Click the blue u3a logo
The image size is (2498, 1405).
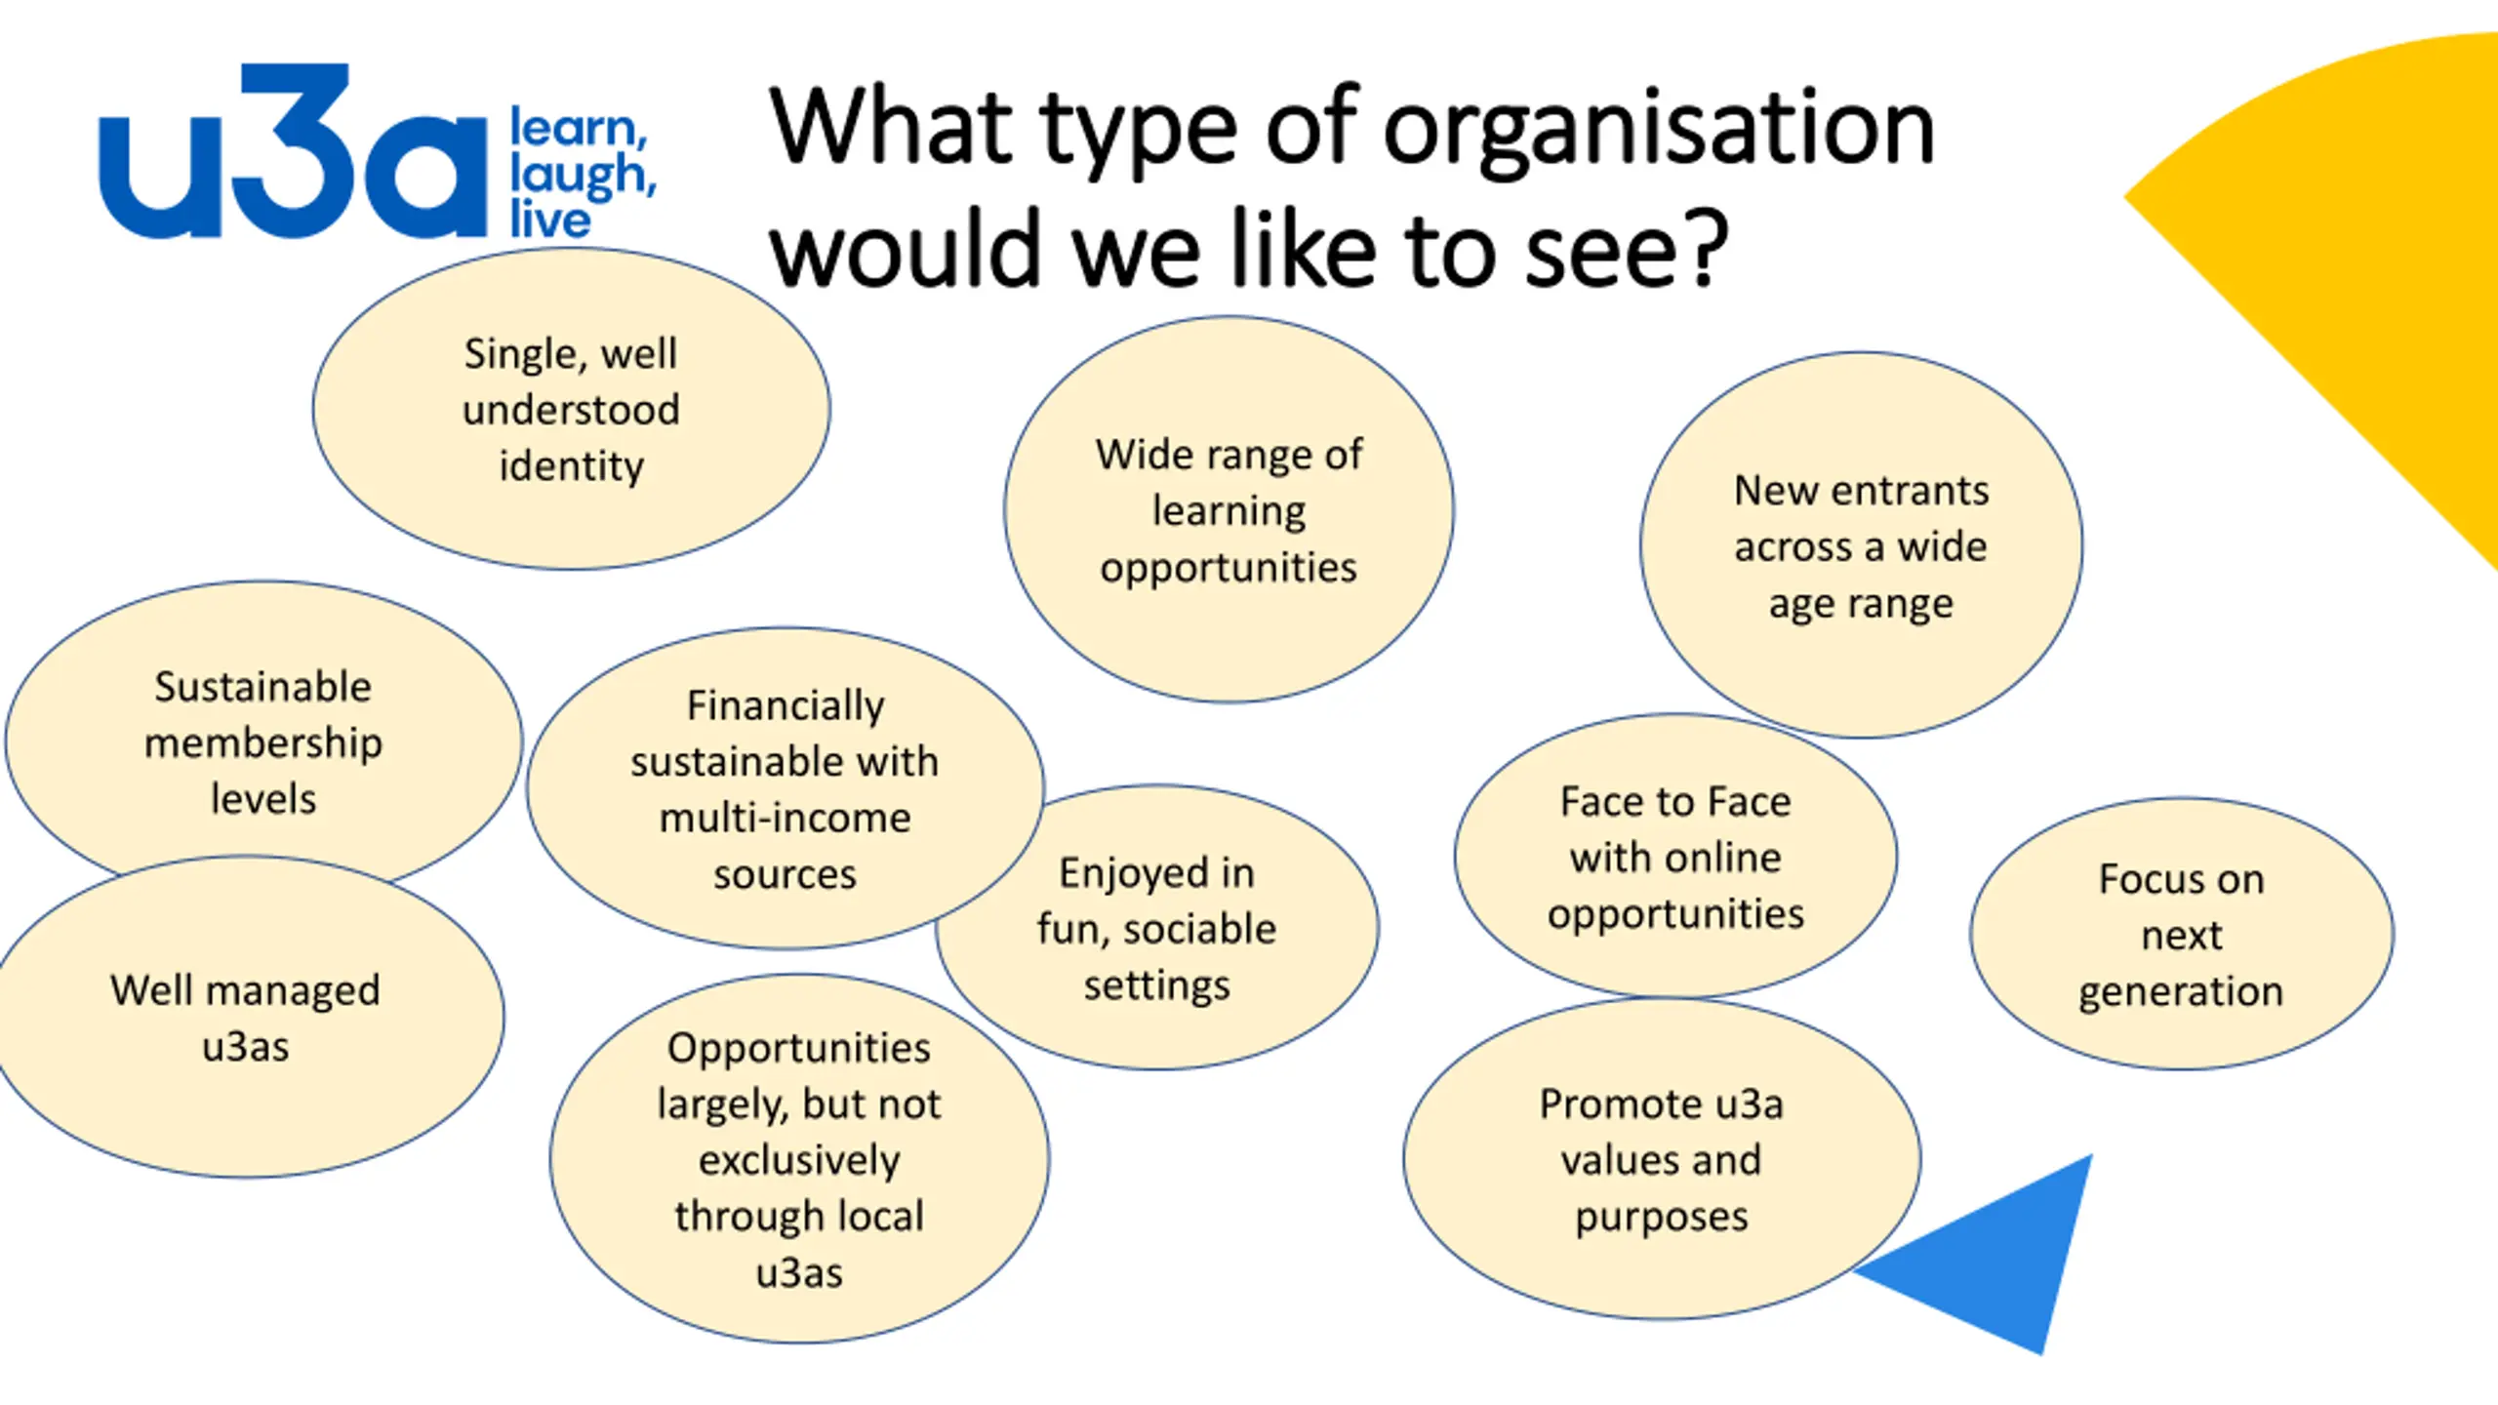point(293,156)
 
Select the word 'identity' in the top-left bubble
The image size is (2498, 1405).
point(571,466)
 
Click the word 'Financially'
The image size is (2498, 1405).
point(786,705)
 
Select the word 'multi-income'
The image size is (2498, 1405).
point(785,818)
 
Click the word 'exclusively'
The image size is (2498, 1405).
point(799,1160)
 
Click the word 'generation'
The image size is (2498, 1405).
point(2181,992)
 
